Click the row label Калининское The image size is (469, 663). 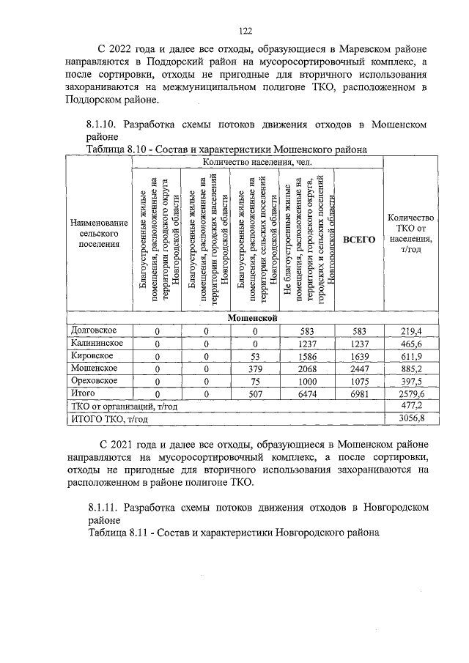click(97, 343)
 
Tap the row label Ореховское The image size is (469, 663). click(95, 381)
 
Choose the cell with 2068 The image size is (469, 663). click(307, 368)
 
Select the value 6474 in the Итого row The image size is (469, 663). click(307, 394)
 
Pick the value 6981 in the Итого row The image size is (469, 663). click(359, 394)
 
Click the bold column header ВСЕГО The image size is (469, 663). click(359, 240)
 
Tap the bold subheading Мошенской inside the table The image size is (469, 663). click(251, 318)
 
